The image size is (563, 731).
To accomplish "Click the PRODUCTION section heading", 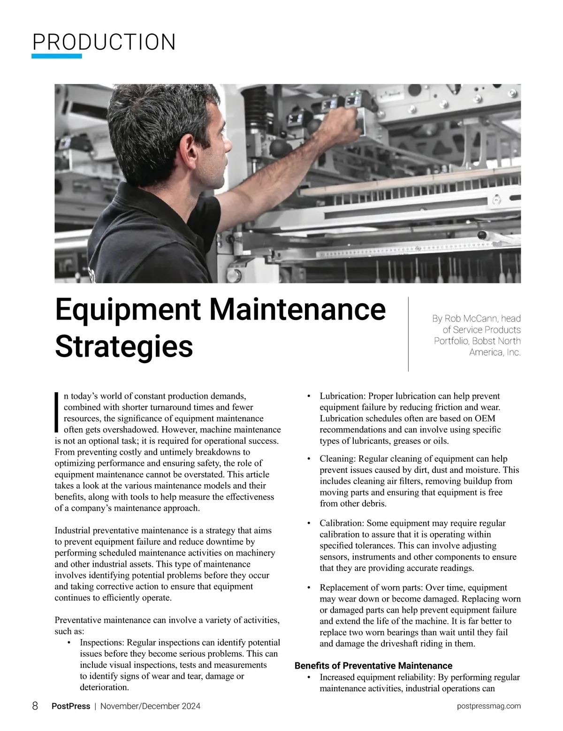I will (104, 42).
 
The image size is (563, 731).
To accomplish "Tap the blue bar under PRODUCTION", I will (56, 56).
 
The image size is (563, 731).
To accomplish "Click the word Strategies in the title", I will (124, 346).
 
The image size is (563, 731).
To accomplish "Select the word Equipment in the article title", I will (128, 310).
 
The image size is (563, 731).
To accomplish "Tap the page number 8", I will (35, 706).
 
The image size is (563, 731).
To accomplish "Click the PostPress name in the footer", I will (71, 706).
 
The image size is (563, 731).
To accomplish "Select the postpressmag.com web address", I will (488, 706).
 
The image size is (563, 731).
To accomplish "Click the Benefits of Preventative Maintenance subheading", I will (373, 666).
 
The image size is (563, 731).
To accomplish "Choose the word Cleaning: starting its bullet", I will (337, 459).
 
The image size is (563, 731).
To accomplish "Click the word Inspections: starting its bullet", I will (102, 642).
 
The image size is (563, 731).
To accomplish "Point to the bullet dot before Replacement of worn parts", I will (309, 588).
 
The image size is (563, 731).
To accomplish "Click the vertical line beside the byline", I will (409, 334).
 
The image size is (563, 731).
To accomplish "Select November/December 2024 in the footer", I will (150, 706).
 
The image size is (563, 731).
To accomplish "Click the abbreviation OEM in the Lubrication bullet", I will (485, 419).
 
